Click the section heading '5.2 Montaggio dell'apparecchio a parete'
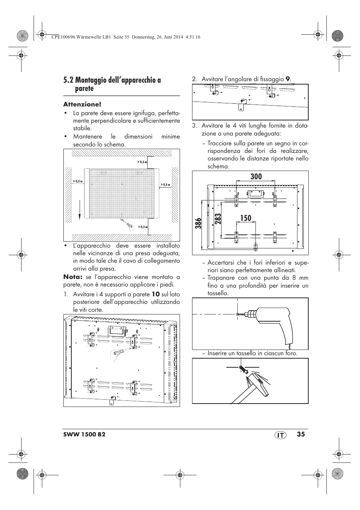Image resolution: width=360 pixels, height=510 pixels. tap(112, 84)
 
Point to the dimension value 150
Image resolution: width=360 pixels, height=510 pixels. tap(245, 218)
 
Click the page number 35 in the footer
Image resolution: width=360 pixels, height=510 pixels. tap(300, 434)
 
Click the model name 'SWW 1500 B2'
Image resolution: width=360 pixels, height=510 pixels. tap(84, 435)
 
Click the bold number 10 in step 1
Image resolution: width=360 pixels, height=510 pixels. tap(155, 294)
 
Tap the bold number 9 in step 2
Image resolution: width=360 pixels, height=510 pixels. tap(288, 79)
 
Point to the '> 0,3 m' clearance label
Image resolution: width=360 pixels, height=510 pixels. tap(142, 227)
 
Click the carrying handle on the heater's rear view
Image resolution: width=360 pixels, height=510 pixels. tap(116, 331)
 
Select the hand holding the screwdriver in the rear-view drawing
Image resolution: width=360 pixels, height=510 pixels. tap(116, 354)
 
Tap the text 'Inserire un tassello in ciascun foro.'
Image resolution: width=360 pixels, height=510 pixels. tap(252, 353)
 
